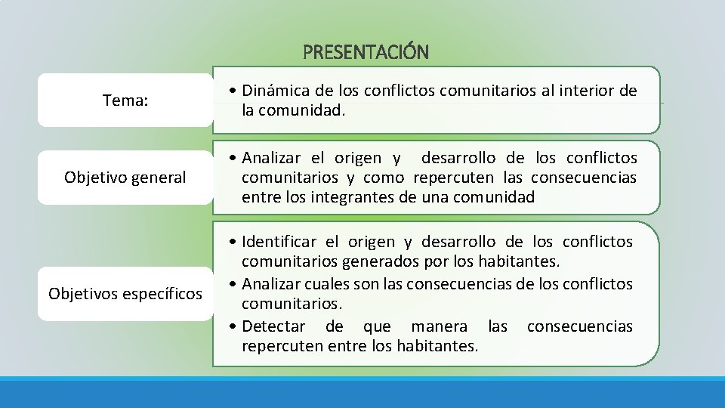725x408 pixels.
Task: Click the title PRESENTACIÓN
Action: [366, 52]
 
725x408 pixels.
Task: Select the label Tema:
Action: [125, 100]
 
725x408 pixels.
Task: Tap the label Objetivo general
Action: [125, 178]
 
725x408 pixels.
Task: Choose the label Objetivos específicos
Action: [125, 293]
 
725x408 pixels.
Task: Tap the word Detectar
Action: [273, 326]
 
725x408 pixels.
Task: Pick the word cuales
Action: [327, 284]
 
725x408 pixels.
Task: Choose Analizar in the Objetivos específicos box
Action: [272, 284]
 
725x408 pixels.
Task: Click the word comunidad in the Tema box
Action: [301, 111]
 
